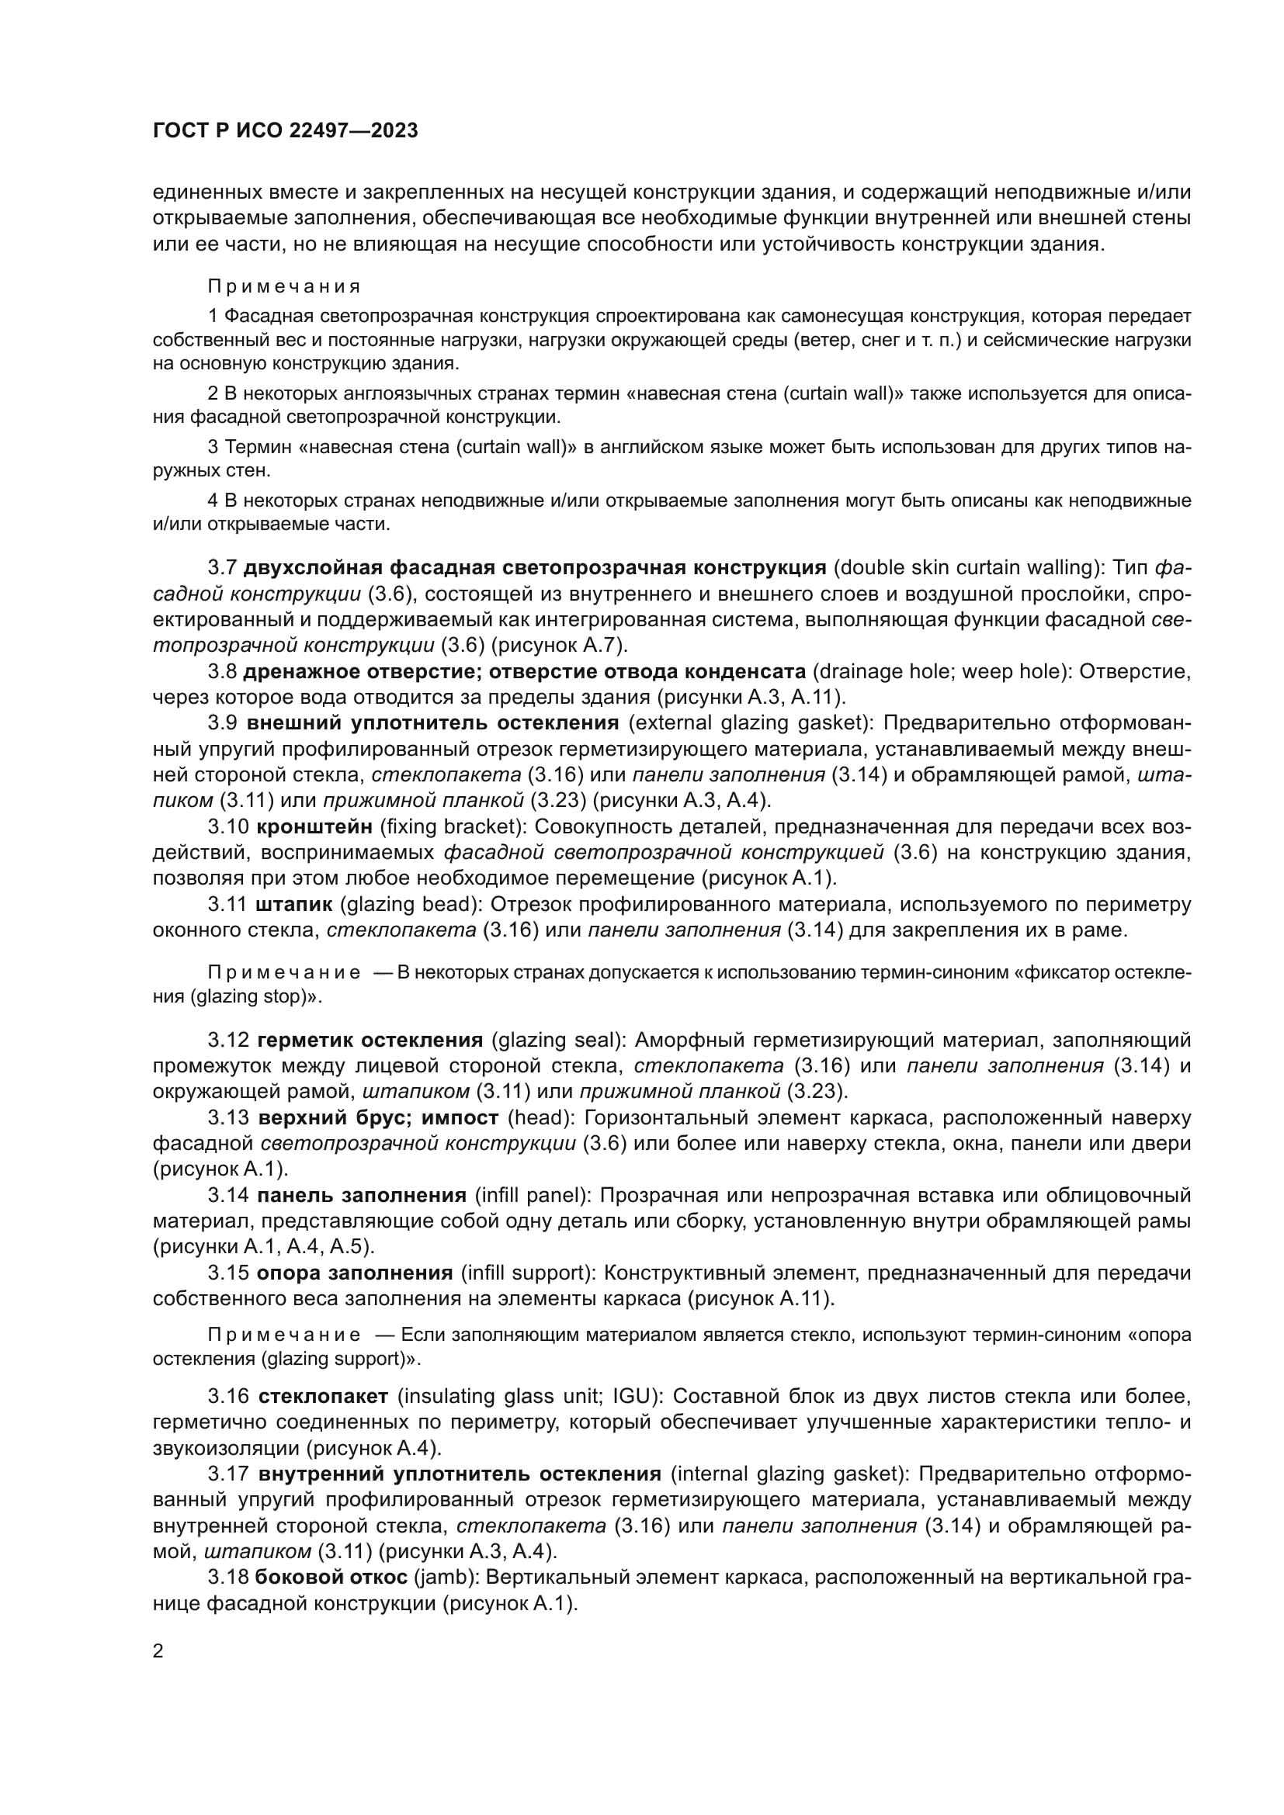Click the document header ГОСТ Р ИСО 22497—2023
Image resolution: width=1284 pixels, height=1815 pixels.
(x=285, y=131)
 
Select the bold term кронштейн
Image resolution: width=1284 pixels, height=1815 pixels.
(x=314, y=827)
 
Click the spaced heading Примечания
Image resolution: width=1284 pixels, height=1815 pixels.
(x=285, y=286)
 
